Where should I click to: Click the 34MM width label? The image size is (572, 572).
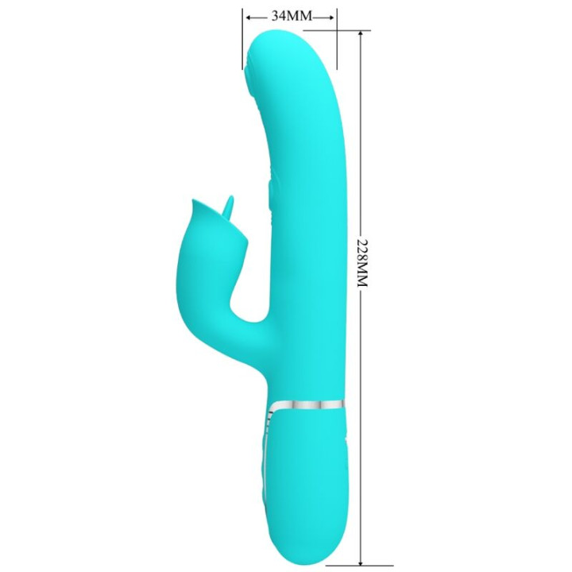tap(291, 15)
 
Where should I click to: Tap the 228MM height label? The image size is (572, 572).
tap(362, 263)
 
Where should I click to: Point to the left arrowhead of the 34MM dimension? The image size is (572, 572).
tap(249, 16)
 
